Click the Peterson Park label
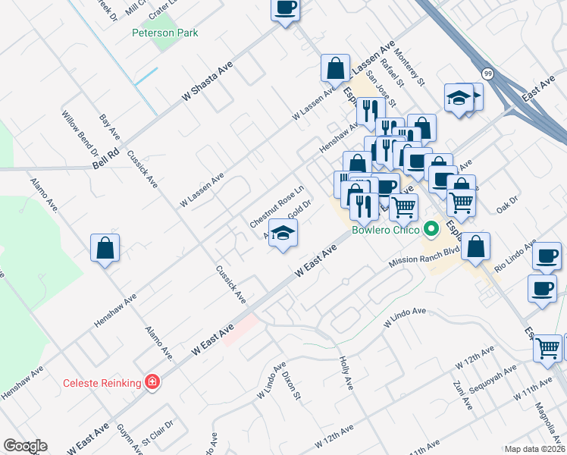[x=164, y=33]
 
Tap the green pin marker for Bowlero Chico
[x=431, y=227]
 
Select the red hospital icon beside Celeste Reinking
[x=152, y=381]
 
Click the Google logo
[x=25, y=446]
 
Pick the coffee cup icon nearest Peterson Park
[x=285, y=9]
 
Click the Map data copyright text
[x=535, y=449]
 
